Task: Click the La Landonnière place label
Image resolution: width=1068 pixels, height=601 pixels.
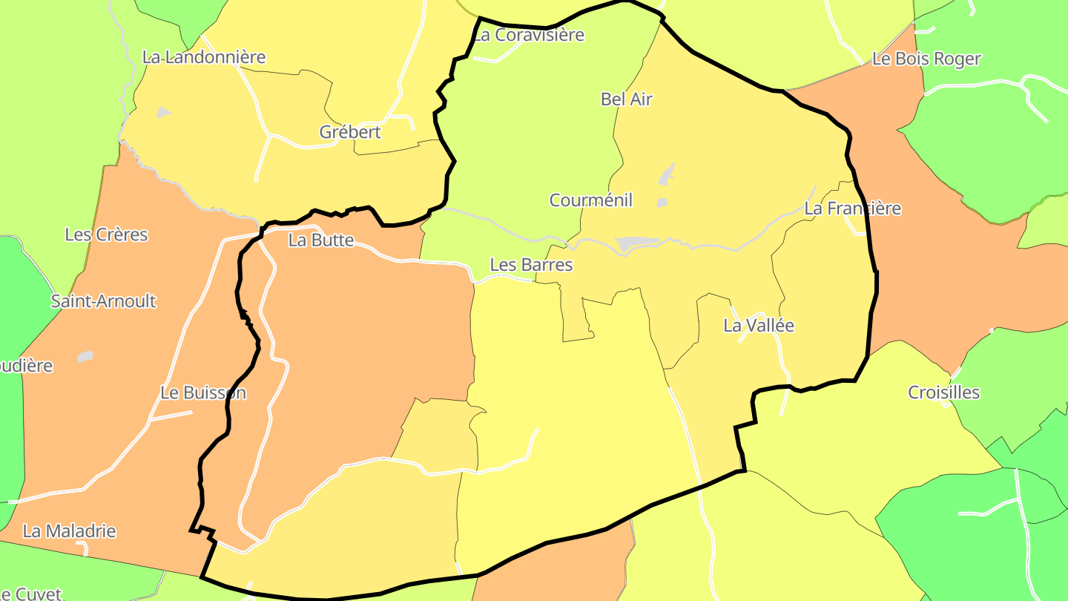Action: click(x=204, y=57)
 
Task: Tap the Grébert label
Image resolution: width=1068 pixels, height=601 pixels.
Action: click(x=350, y=132)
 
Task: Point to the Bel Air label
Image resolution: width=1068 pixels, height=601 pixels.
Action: click(x=627, y=99)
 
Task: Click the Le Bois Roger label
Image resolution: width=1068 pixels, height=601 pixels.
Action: click(x=926, y=59)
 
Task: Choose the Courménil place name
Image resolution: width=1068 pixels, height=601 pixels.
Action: click(x=591, y=200)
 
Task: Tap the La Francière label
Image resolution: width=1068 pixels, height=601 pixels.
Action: click(x=853, y=209)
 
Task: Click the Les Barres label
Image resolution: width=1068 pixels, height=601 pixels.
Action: click(x=532, y=265)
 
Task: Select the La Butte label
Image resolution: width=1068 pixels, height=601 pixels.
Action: click(x=321, y=240)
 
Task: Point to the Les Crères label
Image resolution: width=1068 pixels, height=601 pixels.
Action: click(x=107, y=235)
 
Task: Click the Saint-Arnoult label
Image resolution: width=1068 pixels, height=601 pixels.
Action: click(x=104, y=301)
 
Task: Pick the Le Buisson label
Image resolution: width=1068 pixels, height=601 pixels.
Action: click(x=203, y=393)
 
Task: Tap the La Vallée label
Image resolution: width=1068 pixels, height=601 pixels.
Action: click(x=759, y=326)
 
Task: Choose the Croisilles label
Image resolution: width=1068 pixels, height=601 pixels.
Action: click(x=944, y=393)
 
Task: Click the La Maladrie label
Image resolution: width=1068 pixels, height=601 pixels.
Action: click(x=70, y=531)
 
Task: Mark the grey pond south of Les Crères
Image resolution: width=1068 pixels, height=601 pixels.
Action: click(x=85, y=357)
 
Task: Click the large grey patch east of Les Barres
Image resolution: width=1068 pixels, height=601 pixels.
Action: click(x=636, y=243)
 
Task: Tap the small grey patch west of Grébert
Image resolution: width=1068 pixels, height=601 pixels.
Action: click(x=162, y=113)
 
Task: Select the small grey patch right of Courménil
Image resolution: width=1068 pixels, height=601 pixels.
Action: click(x=662, y=203)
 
